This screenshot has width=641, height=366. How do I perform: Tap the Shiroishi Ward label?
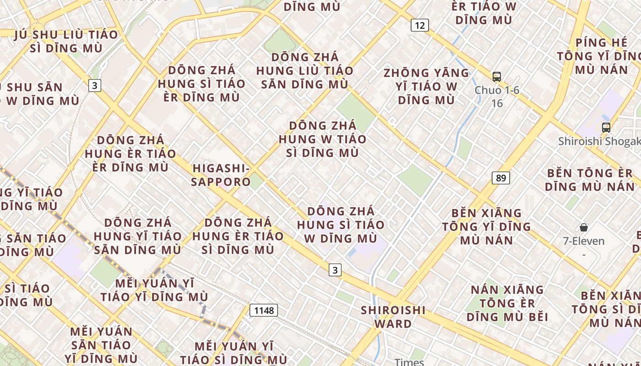pos(393,317)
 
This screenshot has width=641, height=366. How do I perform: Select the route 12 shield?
pos(419,25)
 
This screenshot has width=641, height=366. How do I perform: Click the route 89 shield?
pos(501,178)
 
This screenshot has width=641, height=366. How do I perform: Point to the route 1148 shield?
pos(264,310)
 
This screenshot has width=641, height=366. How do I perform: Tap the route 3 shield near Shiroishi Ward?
pos(335,270)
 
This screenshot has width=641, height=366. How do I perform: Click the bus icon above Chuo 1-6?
pos(497,77)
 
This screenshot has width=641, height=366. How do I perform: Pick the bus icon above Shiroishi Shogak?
pos(606,128)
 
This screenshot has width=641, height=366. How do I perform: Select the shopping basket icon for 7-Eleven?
pos(584,227)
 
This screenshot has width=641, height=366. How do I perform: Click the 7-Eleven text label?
pos(584,241)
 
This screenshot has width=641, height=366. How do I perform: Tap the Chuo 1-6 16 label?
pos(497,97)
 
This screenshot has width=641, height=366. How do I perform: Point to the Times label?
pos(409,362)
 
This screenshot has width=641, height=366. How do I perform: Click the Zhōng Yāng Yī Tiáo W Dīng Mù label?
pos(426,86)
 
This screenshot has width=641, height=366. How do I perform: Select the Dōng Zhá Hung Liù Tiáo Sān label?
pos(305,71)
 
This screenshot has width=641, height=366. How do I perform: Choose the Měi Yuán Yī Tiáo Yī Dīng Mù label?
pos(154,290)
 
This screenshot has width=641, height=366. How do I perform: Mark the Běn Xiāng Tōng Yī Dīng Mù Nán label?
pos(486,226)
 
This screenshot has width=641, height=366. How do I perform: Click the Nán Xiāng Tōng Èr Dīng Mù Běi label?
pos(507,303)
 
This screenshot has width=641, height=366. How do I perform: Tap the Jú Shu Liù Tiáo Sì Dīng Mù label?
pos(66,41)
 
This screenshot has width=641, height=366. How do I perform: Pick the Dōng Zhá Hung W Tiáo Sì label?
pos(322,139)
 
